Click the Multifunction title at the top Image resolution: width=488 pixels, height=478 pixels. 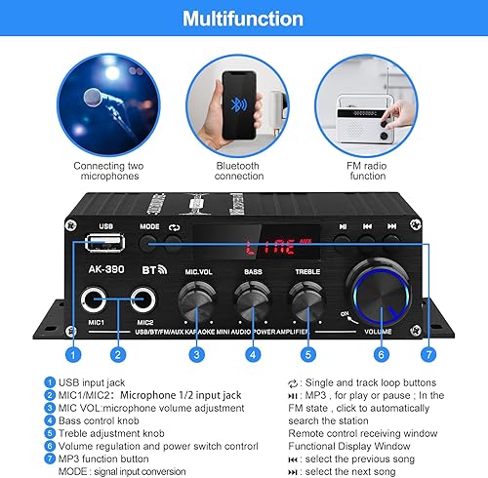[x=243, y=18]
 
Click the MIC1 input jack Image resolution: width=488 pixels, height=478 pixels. [x=97, y=299]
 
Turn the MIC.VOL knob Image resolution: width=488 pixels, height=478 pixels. [x=198, y=294]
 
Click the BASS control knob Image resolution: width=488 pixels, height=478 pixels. [x=254, y=294]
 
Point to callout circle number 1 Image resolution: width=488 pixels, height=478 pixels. [x=71, y=355]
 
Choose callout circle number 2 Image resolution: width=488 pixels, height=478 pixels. [x=117, y=355]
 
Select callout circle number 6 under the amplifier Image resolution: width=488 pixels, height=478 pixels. [x=382, y=355]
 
